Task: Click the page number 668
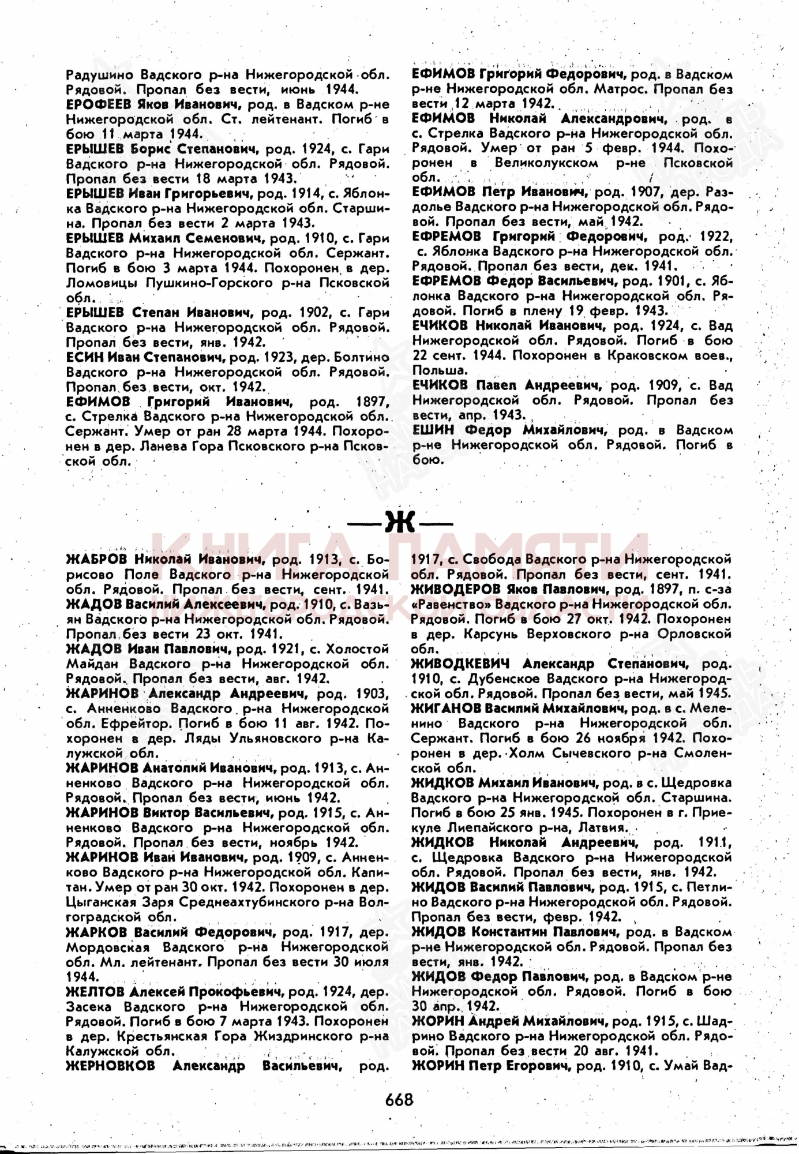click(399, 1100)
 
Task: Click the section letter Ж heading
click(400, 523)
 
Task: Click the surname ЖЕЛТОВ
click(95, 992)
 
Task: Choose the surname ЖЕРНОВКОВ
click(110, 1066)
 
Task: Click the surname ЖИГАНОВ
click(444, 709)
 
